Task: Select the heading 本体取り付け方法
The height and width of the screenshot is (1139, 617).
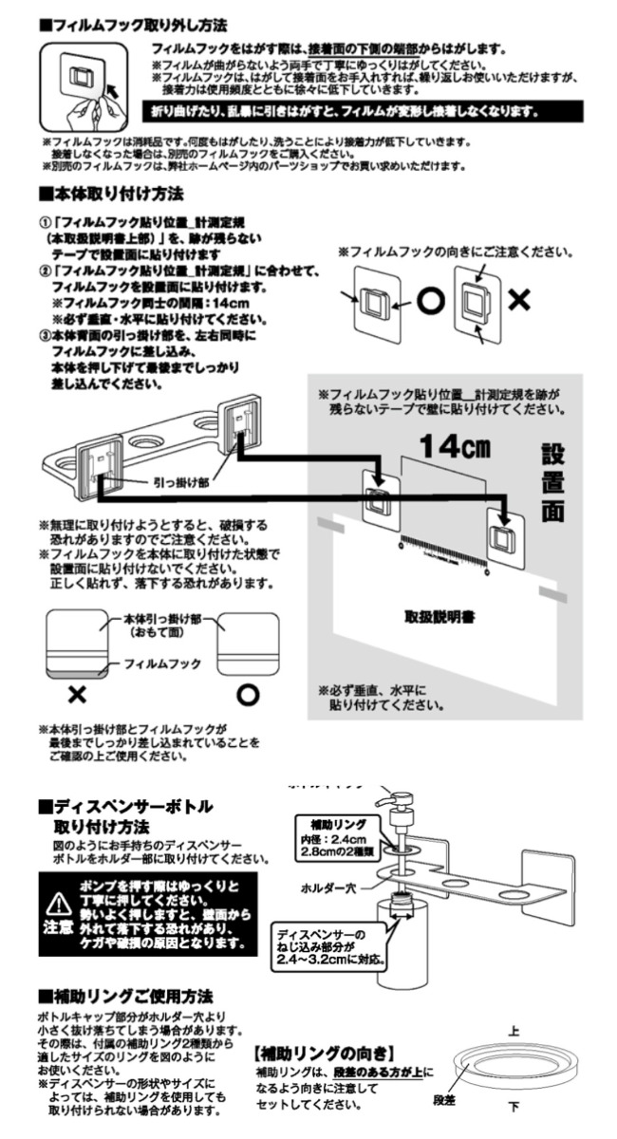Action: click(x=111, y=194)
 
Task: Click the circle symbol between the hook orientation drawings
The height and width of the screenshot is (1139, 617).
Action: click(x=432, y=301)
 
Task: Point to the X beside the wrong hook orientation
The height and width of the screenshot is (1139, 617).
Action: click(x=518, y=301)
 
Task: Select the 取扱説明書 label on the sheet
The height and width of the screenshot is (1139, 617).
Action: click(x=440, y=616)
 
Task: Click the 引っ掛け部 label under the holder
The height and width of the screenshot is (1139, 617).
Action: click(x=177, y=482)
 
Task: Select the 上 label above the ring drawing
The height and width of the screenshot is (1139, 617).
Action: click(x=514, y=1030)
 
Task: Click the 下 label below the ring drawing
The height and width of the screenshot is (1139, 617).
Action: click(x=514, y=1106)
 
